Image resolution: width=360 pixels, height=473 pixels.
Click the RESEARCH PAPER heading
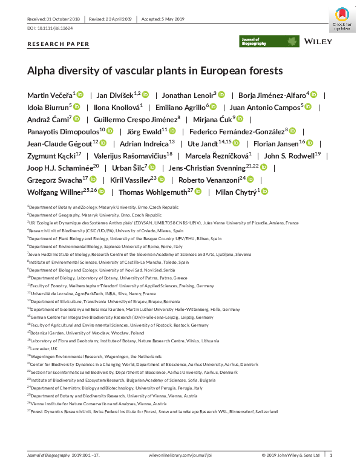tap(59, 44)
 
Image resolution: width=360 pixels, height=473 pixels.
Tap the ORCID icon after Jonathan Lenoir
tap(221, 95)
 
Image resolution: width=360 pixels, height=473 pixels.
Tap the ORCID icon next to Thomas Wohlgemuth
tap(198, 192)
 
